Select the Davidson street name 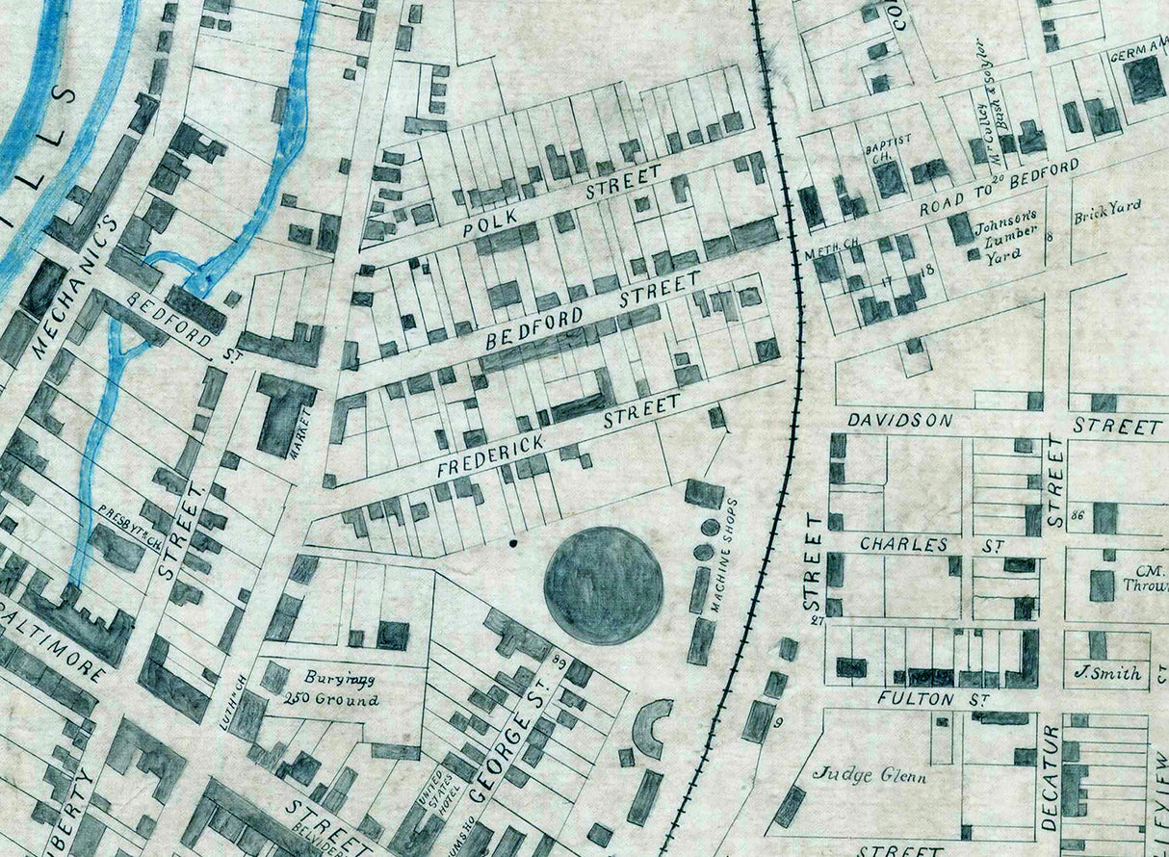click(899, 421)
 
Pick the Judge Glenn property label click(870, 772)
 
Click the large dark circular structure click(604, 585)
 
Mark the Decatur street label click(1050, 778)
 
